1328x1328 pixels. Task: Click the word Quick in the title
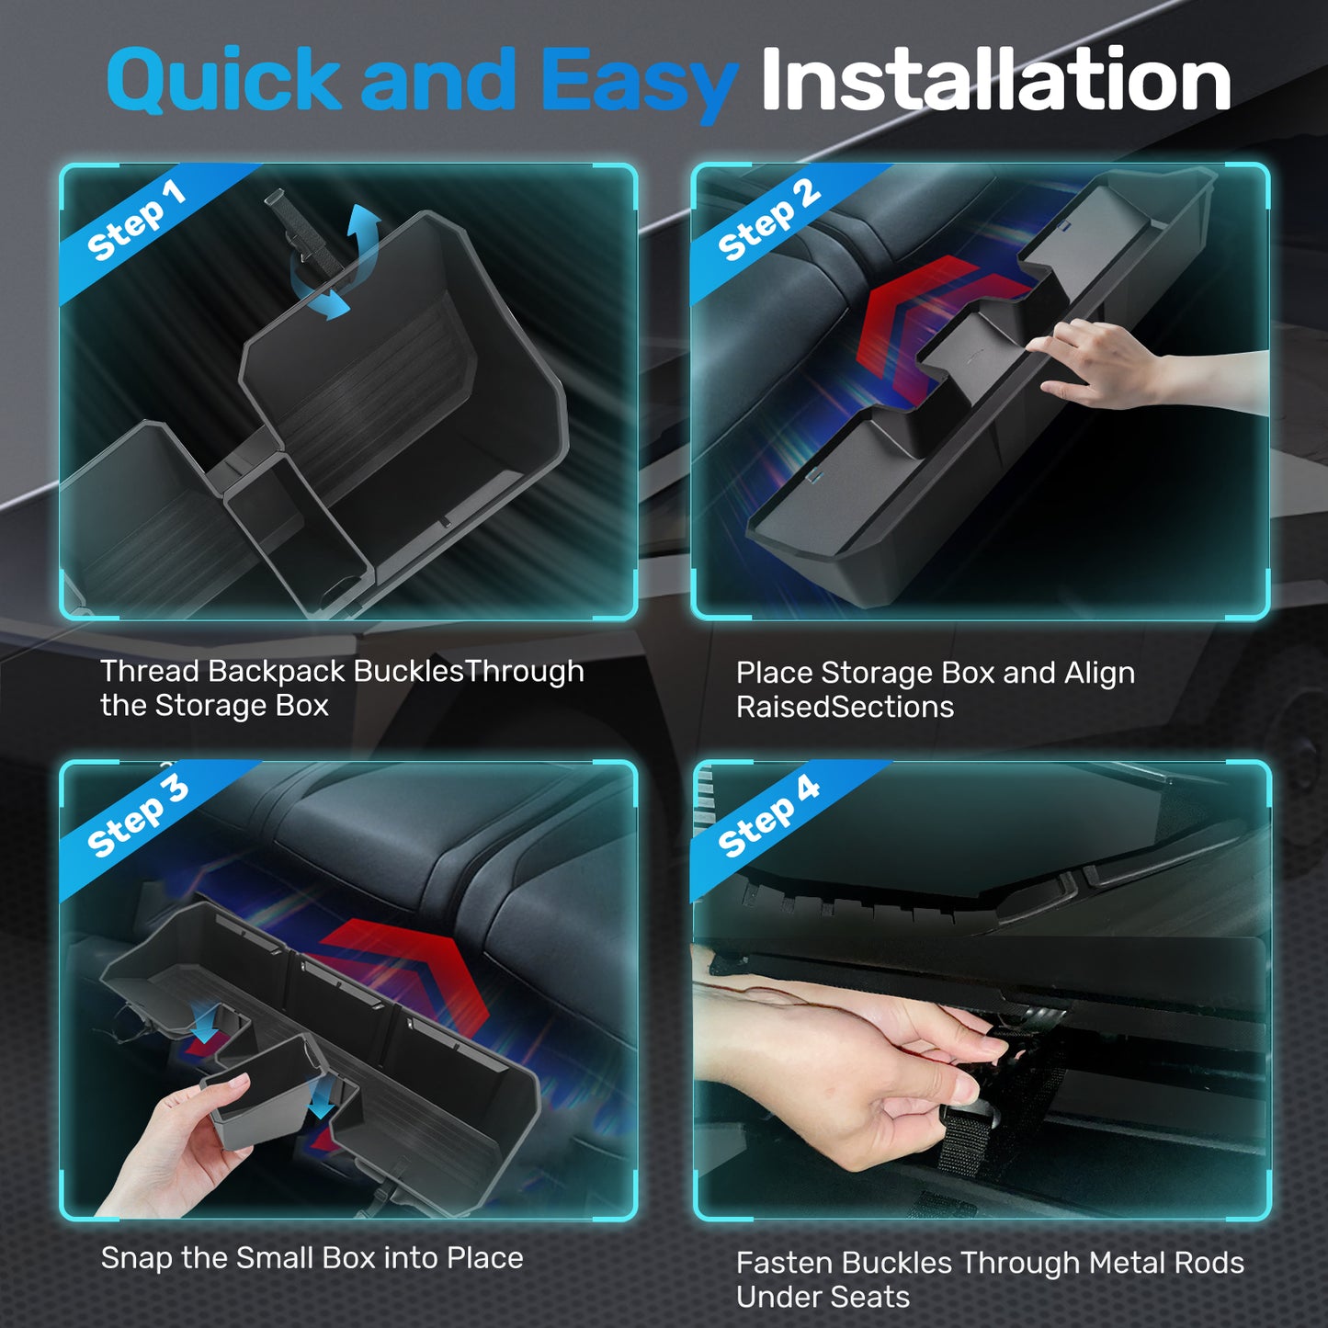click(223, 81)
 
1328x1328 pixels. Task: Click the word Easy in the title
click(641, 85)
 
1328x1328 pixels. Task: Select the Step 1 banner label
click(136, 221)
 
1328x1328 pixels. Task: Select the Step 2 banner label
click(768, 221)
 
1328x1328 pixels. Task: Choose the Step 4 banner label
click(768, 817)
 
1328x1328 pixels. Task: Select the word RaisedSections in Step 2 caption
click(845, 707)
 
